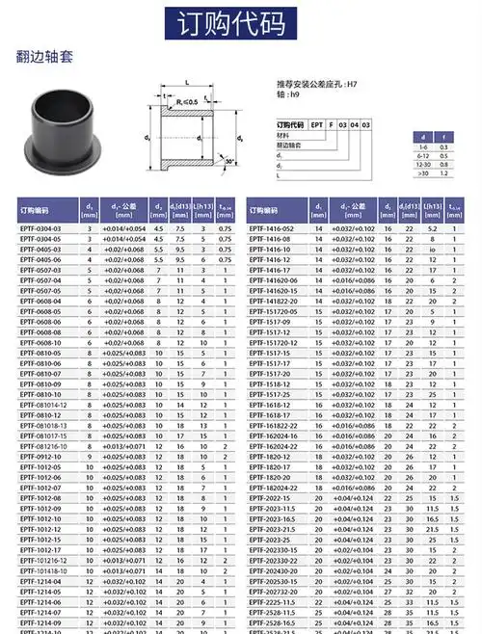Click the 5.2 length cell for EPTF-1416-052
tap(433, 227)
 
